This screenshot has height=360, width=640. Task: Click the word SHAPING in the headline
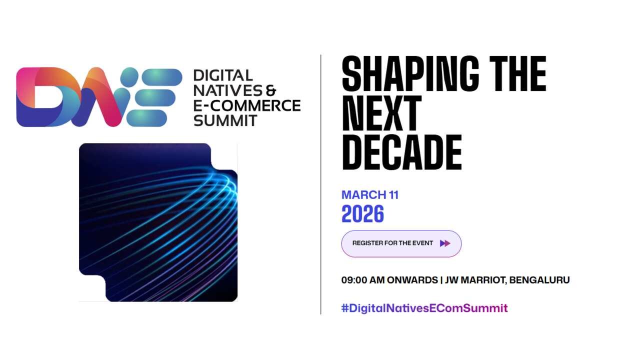410,73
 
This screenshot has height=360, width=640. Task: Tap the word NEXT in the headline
381,113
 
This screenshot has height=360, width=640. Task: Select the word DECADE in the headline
401,152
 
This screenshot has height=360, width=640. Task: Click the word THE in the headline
517,73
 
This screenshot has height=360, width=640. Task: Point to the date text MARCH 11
370,195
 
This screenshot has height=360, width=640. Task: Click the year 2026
362,213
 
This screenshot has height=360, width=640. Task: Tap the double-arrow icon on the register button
445,243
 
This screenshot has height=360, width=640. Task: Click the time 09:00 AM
363,280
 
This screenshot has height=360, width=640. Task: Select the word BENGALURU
539,280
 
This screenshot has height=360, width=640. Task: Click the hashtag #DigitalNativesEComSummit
424,308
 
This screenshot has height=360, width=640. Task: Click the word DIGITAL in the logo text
223,75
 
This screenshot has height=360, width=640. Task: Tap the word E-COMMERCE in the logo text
247,105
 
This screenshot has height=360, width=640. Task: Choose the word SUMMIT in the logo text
225,120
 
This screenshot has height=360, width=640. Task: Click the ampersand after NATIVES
271,90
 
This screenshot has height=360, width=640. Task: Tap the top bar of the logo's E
162,77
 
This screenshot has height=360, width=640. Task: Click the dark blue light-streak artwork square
158,222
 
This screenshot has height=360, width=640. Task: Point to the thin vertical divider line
321,184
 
